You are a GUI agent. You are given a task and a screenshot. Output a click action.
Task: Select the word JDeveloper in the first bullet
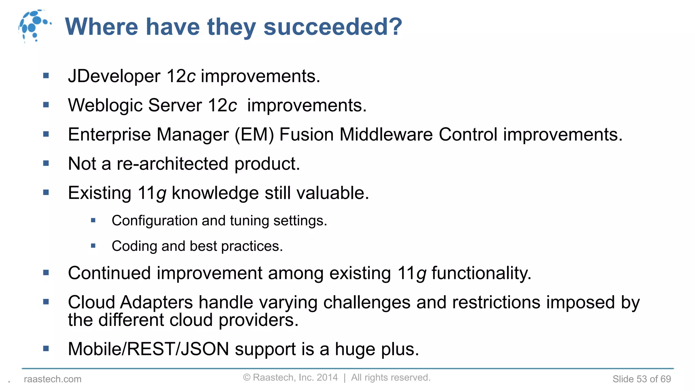114,76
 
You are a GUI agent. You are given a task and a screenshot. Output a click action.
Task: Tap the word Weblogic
105,106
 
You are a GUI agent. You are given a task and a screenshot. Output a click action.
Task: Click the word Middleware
386,134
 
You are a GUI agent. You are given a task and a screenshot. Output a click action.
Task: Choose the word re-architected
172,164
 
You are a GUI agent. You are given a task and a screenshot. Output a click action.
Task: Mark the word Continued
109,273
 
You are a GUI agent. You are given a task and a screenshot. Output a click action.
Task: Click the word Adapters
156,302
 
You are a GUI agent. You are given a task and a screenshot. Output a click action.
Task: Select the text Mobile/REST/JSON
149,349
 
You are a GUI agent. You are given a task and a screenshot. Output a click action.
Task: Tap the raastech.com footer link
53,379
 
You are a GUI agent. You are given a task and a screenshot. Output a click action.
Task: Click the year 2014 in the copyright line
327,377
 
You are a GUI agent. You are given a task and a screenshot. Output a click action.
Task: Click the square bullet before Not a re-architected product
46,164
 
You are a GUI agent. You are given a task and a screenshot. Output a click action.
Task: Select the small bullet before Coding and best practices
93,246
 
